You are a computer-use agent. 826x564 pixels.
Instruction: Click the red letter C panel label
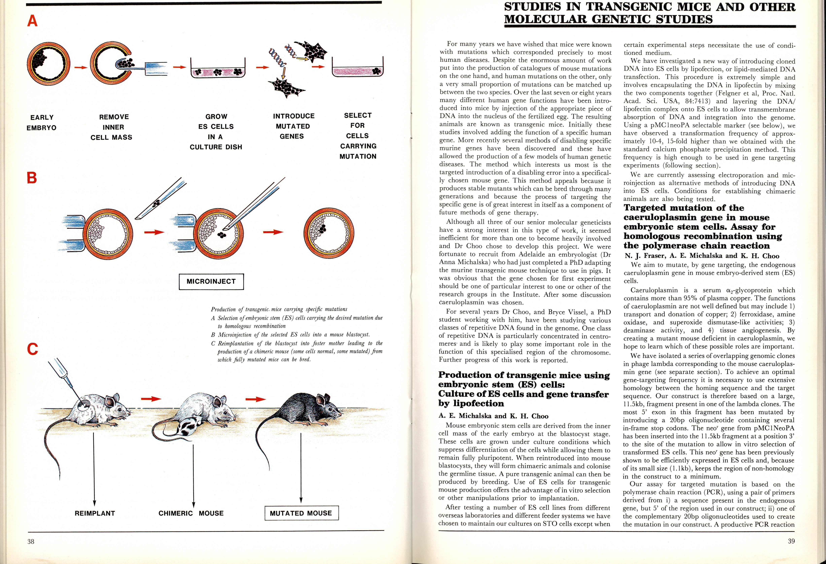tap(32, 349)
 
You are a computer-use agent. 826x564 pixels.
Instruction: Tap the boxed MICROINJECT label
tap(211, 281)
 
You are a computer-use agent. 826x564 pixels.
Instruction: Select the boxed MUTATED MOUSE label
tap(301, 513)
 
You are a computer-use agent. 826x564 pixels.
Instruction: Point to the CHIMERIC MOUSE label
tap(191, 513)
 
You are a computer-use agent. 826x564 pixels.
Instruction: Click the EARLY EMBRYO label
tap(42, 122)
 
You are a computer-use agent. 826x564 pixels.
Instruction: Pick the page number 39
tap(791, 541)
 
